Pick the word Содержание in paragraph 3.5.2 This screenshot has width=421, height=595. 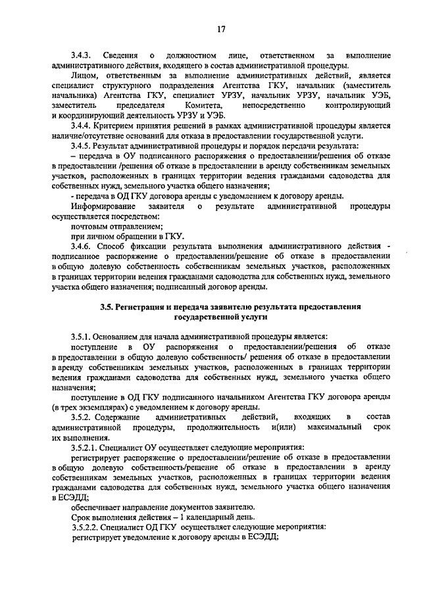[124, 416]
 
